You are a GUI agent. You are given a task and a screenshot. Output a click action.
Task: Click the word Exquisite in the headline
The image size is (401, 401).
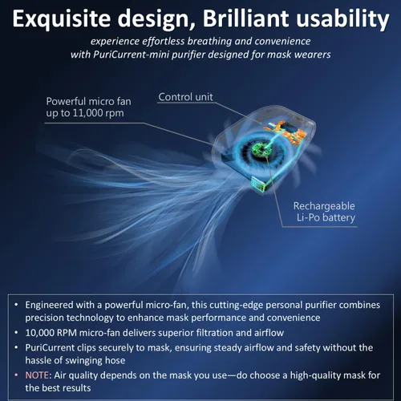click(x=62, y=18)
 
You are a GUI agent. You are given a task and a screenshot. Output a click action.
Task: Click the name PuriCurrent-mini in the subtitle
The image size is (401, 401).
click(x=132, y=55)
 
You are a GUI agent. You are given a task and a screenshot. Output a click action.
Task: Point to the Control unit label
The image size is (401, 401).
click(x=185, y=97)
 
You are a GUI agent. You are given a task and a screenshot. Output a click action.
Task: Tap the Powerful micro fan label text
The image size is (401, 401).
click(x=88, y=101)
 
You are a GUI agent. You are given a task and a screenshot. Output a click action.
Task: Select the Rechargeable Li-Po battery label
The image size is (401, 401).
click(x=324, y=212)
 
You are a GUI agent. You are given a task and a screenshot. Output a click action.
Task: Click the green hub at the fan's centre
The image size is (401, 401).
click(x=258, y=149)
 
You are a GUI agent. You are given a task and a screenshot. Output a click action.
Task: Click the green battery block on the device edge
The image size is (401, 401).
click(x=258, y=184)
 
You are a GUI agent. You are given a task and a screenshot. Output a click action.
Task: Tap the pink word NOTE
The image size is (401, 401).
click(x=37, y=375)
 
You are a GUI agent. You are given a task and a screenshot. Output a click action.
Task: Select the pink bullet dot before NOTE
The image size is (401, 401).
click(x=16, y=375)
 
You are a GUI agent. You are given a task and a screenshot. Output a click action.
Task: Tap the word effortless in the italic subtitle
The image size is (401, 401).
click(x=163, y=41)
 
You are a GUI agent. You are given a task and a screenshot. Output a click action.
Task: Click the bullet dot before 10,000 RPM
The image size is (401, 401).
click(x=16, y=333)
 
